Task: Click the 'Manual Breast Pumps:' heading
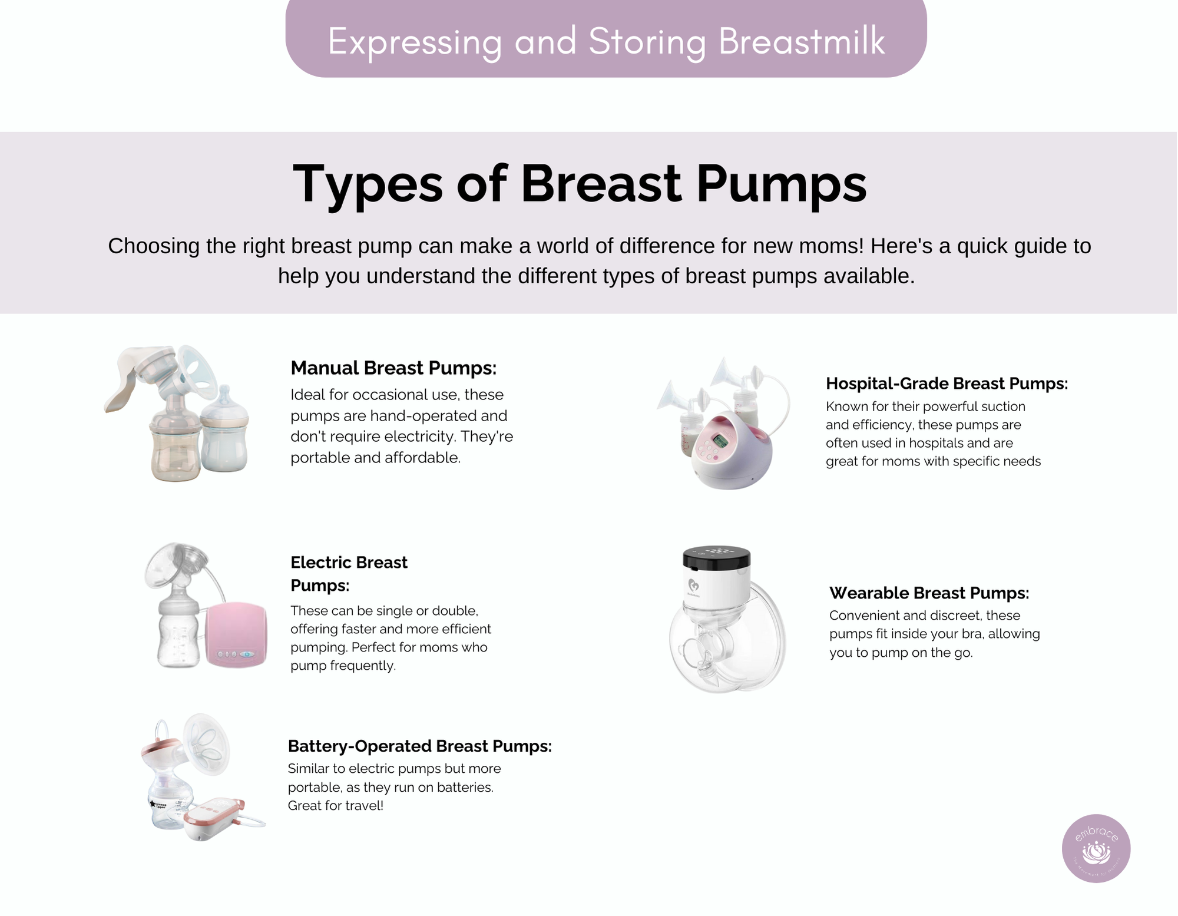pyautogui.click(x=393, y=368)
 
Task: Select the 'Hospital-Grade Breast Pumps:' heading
pyautogui.click(x=947, y=383)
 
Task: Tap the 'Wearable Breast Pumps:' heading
pyautogui.click(x=929, y=593)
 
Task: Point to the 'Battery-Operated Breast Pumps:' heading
pyautogui.click(x=419, y=746)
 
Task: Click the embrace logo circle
pyautogui.click(x=1096, y=848)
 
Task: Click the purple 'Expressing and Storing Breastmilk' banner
pyautogui.click(x=606, y=39)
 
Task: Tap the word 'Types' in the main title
pyautogui.click(x=368, y=183)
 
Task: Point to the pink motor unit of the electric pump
pyautogui.click(x=236, y=634)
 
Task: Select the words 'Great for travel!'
pyautogui.click(x=335, y=805)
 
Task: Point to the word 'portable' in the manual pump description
pyautogui.click(x=319, y=458)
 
